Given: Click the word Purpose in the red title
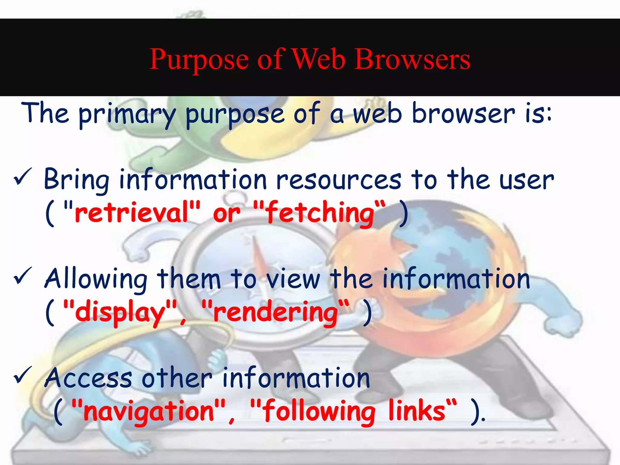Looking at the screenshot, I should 199,60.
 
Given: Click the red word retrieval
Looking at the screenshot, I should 132,213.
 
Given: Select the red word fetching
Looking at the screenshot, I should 320,213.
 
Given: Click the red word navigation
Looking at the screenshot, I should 149,411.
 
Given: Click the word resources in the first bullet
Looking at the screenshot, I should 339,180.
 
